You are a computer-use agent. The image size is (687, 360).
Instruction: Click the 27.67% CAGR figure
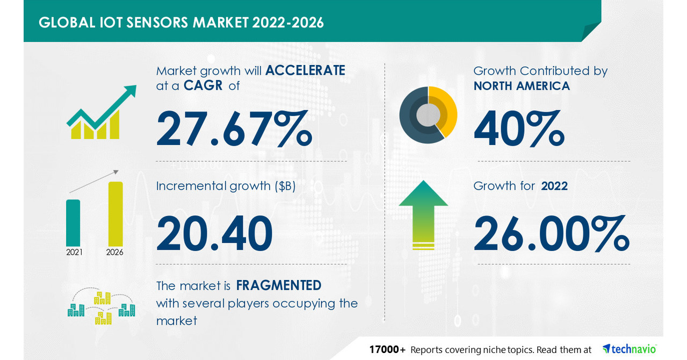point(234,129)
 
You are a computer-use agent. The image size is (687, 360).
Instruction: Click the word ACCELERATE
point(305,70)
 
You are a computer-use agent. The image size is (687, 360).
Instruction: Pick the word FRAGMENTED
point(279,285)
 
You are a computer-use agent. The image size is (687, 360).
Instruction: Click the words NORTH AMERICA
point(522,85)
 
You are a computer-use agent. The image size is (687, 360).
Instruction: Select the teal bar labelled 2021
point(73,222)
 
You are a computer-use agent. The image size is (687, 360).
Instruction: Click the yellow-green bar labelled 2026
point(115,213)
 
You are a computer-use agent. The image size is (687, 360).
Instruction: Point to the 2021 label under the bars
point(74,251)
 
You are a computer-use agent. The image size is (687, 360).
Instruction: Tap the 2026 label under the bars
point(115,251)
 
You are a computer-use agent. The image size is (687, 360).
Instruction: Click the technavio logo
point(629,349)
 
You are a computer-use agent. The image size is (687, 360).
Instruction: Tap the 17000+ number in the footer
point(387,349)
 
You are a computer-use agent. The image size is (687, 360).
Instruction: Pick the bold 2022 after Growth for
point(554,186)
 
